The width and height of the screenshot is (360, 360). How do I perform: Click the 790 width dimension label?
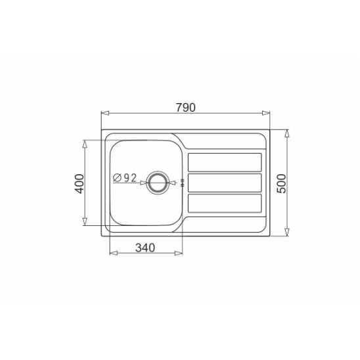(185, 108)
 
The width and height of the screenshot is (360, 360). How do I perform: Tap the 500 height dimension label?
(282, 183)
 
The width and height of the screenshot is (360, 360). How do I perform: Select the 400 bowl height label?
(80, 184)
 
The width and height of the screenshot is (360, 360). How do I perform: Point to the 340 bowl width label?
(145, 248)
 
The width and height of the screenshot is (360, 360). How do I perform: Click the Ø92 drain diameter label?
(125, 178)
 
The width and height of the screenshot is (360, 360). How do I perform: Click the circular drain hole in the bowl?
(158, 183)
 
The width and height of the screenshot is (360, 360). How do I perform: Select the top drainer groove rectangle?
(225, 162)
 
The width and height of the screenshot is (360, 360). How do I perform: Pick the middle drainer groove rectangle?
(225, 183)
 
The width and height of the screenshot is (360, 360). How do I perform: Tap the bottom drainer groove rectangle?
(225, 203)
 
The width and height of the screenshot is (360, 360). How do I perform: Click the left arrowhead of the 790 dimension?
(105, 113)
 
